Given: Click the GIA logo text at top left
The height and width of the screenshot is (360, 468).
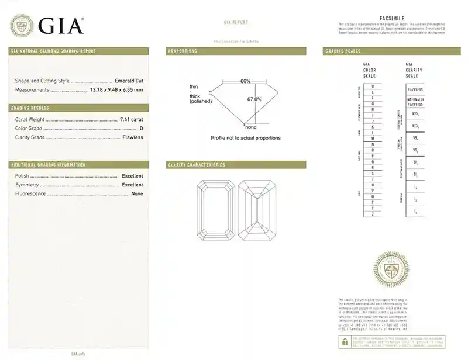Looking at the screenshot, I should tap(61, 25).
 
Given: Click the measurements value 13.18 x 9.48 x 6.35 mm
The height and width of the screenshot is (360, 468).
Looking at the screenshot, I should tap(116, 89).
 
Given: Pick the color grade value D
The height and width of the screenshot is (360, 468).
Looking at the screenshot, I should tap(141, 128).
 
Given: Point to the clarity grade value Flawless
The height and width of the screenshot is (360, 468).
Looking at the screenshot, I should tap(132, 137).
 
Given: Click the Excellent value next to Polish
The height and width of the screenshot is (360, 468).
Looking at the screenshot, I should tap(132, 176).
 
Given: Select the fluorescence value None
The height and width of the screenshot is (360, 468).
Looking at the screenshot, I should tap(137, 193).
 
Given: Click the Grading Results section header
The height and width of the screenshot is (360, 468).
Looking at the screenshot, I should tap(30, 108).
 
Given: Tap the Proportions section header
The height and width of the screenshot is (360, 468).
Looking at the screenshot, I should tap(183, 51).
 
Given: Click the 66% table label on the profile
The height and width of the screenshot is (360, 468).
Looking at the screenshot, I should tap(245, 81).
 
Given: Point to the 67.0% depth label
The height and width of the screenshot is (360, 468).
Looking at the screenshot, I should tap(254, 99).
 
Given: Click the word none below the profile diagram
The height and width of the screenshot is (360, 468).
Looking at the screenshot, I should tap(251, 127).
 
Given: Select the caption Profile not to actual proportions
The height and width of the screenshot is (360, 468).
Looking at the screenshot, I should tap(246, 138).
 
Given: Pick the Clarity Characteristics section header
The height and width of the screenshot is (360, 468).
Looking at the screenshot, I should tap(197, 165).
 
